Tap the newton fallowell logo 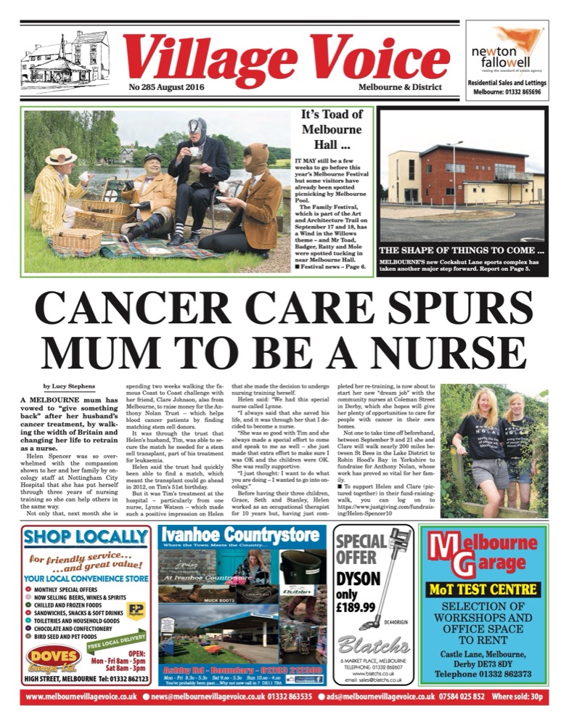(506, 50)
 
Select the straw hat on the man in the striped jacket (60, 156)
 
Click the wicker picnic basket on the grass (75, 240)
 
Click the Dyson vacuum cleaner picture (395, 574)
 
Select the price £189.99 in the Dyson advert (356, 607)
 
